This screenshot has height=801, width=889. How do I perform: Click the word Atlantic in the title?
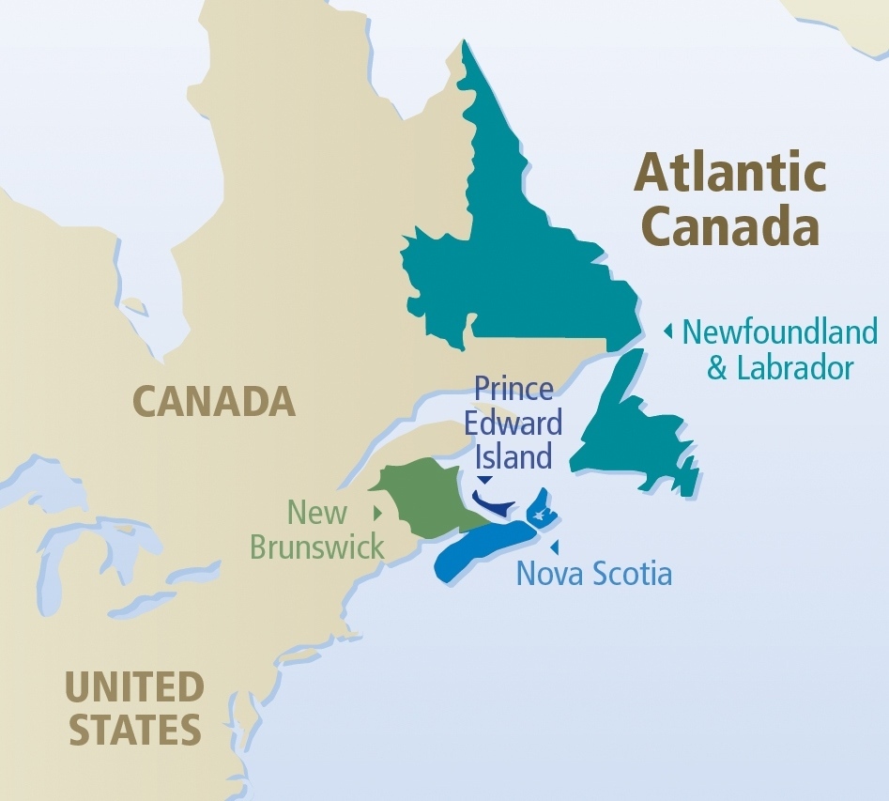coord(730,173)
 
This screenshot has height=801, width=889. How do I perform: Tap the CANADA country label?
coord(214,401)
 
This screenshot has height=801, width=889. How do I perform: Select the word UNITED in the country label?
coord(133,687)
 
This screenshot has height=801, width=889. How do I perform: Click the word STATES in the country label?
coord(135,730)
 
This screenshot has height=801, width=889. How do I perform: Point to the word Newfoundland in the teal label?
coord(779,331)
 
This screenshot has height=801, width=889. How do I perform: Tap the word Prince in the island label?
coord(513,388)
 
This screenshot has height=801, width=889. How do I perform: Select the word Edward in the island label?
coord(517,423)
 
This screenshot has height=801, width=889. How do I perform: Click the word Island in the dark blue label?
coord(513,457)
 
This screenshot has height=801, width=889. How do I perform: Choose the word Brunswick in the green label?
coord(317,547)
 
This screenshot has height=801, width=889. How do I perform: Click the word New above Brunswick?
coord(317,513)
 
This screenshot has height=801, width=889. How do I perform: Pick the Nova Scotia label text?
coord(593,573)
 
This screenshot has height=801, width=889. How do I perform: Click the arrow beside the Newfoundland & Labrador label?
coord(667,331)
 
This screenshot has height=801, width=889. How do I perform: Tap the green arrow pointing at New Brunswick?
coord(376,513)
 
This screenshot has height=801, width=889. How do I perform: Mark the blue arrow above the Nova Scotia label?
coord(555,547)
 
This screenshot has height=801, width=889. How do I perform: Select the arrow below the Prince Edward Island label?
coord(484,480)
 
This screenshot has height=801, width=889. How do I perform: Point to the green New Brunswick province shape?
coord(422,498)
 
